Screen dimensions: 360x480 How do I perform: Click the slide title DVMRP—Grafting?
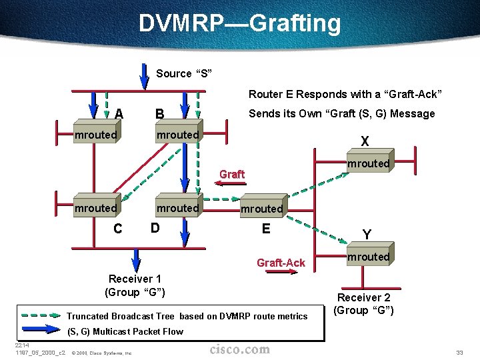click(240, 23)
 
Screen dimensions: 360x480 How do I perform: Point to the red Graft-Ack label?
click(281, 263)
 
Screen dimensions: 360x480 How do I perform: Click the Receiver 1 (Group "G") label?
click(135, 285)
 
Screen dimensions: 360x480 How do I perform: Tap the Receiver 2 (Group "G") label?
click(364, 304)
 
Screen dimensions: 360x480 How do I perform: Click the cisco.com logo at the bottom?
click(240, 349)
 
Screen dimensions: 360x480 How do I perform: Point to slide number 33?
click(459, 352)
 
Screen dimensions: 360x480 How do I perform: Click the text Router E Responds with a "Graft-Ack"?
click(345, 95)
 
